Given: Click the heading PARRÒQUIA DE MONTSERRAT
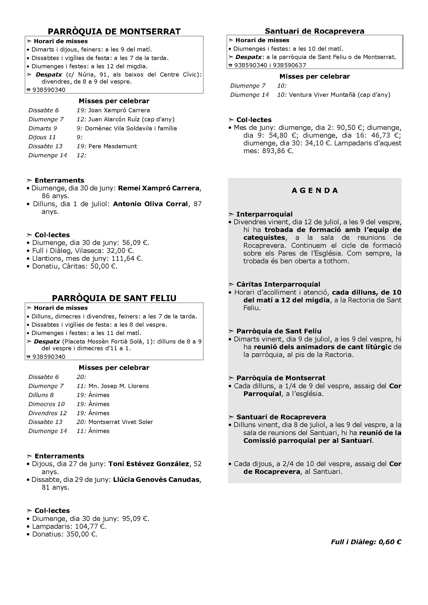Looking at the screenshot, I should point(114,32).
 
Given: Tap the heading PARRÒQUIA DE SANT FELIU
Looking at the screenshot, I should point(114,298).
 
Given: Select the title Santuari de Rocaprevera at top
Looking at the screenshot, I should point(314,31).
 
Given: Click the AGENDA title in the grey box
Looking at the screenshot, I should point(315,191).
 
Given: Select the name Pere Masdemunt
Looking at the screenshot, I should point(113,146).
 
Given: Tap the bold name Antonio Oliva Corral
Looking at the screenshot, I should point(150,204).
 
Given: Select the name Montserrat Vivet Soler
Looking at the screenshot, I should point(121,422).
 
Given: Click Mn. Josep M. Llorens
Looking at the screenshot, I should point(119,386).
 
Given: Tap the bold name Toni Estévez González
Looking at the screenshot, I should point(149,464).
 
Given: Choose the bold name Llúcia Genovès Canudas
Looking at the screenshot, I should point(156,480).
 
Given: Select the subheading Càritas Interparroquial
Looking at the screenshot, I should point(278,284).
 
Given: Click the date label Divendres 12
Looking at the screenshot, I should point(47,413).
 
